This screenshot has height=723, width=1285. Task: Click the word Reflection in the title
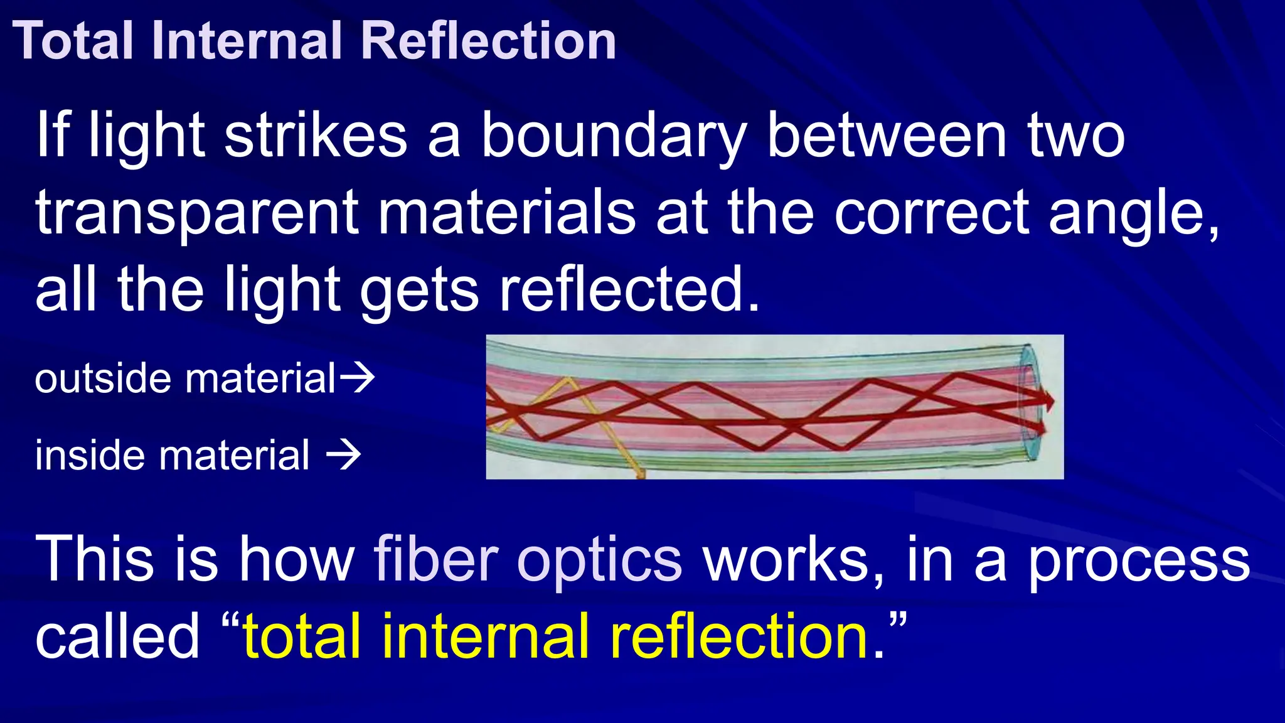489,41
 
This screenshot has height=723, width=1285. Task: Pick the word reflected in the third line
628,290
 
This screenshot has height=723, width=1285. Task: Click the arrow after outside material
358,378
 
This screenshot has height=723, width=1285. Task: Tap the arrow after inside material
344,455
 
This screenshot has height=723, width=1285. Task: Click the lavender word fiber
436,559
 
